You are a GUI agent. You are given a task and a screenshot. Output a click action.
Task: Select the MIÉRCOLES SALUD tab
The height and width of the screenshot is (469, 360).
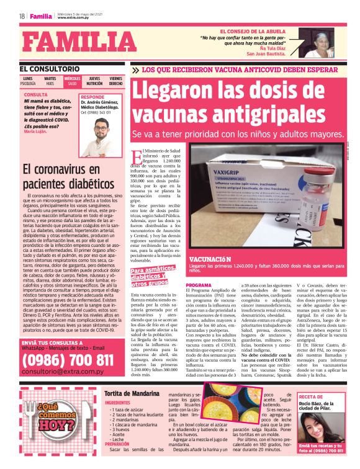point(72,81)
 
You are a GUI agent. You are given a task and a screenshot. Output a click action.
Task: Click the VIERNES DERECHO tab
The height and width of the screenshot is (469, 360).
point(115,81)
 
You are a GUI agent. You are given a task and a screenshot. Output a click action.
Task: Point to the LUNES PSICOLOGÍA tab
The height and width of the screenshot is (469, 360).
point(28,81)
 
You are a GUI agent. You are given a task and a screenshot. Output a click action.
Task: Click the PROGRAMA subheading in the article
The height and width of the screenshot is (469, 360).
point(199,285)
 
